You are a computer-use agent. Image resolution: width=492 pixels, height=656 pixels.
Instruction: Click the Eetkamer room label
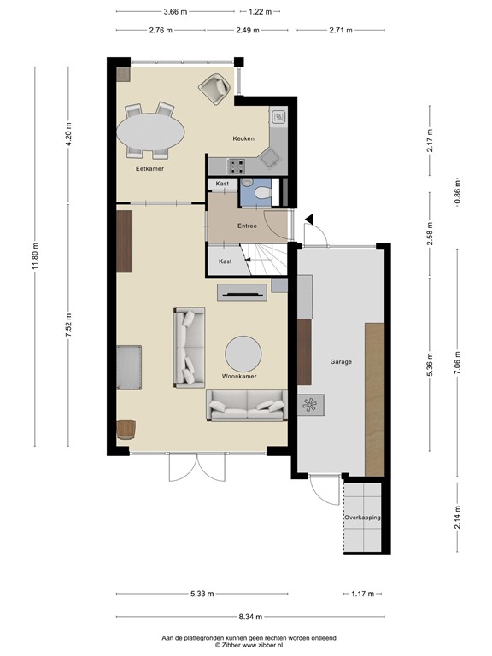coord(149,169)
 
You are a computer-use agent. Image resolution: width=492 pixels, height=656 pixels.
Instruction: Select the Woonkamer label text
coord(239,376)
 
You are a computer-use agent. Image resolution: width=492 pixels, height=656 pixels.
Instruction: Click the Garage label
coord(341,361)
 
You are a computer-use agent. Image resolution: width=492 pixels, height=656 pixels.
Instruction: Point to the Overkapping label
coord(362,518)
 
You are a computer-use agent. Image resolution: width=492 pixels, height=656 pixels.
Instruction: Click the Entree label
coord(248,225)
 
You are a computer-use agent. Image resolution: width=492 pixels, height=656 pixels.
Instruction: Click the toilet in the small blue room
coord(258,194)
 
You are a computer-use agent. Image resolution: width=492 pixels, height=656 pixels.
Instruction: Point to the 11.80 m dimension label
coord(34,254)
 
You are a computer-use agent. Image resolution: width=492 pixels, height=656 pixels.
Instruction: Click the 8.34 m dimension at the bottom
coord(251,616)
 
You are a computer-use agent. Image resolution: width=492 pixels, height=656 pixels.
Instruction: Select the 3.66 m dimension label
coord(176,13)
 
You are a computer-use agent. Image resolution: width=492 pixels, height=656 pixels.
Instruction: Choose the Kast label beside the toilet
coord(222,184)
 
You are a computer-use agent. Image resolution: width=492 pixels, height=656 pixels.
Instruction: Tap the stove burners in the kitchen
coord(237,164)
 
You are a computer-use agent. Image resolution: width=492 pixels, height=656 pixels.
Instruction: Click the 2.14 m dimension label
coord(457,518)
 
